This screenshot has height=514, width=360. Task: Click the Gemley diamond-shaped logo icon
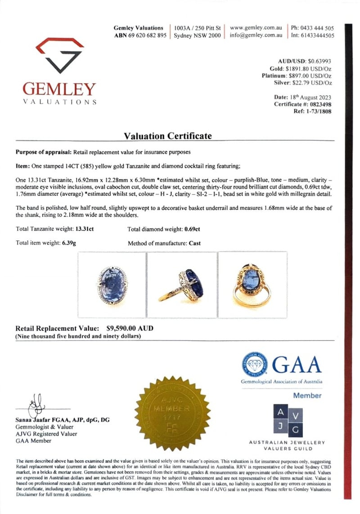coord(60,55)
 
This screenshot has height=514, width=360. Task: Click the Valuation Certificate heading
coord(168,135)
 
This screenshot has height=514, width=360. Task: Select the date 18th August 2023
coord(311,97)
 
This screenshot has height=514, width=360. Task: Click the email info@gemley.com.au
coord(256,36)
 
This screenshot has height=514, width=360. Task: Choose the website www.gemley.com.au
coord(256,28)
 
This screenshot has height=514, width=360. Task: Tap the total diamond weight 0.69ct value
coord(192,229)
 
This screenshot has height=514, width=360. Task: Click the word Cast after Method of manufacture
coord(195,243)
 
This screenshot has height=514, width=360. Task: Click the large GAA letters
coord(297,364)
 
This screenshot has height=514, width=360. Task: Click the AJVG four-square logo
coord(287,420)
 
